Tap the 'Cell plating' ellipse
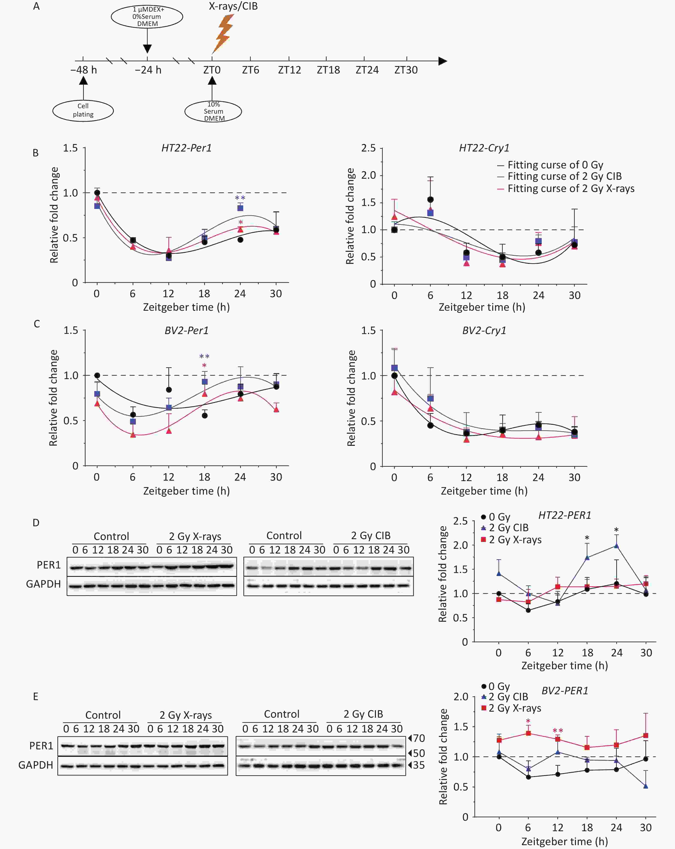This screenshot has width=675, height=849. (x=83, y=110)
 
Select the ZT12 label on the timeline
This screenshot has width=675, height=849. (x=289, y=70)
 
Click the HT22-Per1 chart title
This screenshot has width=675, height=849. (x=186, y=148)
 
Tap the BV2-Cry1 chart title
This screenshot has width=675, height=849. (x=484, y=330)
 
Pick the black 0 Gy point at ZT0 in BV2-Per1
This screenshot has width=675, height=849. (x=97, y=375)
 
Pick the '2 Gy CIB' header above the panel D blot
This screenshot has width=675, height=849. (x=370, y=535)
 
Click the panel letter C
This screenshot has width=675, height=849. (x=37, y=324)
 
